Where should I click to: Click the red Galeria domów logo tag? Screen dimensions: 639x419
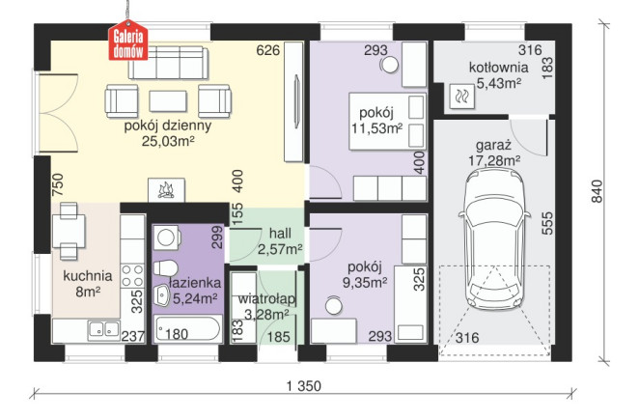click(x=128, y=42)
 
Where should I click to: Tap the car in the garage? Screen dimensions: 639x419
click(x=494, y=240)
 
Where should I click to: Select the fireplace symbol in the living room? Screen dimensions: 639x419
click(x=166, y=190)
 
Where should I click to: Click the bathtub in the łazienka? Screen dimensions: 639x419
click(x=188, y=328)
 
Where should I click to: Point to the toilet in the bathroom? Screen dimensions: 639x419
click(x=165, y=267)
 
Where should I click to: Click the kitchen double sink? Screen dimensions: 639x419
click(x=104, y=329)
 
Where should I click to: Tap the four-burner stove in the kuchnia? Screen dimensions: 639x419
click(x=133, y=275)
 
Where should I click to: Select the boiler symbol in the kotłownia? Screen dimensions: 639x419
click(x=461, y=97)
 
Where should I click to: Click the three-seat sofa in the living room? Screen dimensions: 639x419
click(x=168, y=63)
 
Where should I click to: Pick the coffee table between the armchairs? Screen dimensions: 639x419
click(x=168, y=101)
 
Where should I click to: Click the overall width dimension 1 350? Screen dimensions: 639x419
click(x=304, y=385)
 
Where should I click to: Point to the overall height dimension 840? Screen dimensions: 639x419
click(x=597, y=191)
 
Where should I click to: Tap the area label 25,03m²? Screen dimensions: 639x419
click(x=168, y=141)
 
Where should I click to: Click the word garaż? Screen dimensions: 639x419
click(x=493, y=146)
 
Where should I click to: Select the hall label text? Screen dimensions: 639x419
click(x=280, y=233)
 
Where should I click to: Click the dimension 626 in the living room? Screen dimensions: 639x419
click(x=268, y=50)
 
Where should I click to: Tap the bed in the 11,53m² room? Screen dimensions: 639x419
click(x=388, y=121)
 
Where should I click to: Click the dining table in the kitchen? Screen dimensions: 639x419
click(x=69, y=231)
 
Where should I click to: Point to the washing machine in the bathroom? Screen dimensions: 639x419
click(x=167, y=237)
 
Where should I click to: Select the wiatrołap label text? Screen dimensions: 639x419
click(x=266, y=298)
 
